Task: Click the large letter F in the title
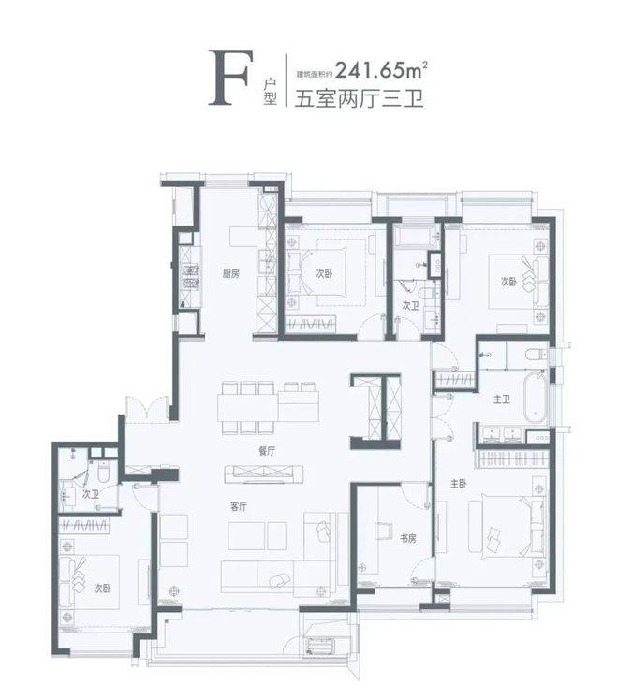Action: (230, 78)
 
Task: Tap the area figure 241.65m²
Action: (381, 70)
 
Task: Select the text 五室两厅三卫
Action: (359, 97)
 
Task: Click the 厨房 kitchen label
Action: (231, 274)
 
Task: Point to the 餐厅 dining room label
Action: (267, 451)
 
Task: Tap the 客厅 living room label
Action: (239, 506)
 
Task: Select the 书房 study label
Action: (407, 538)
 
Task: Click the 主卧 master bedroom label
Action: (459, 484)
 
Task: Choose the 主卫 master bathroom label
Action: (502, 400)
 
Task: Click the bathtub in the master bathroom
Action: (536, 398)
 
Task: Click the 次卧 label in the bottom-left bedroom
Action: (103, 589)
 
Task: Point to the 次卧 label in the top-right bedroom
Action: (508, 282)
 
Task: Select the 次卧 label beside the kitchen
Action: (324, 273)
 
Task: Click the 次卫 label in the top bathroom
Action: (410, 306)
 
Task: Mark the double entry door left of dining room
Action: (147, 409)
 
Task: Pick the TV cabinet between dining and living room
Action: (264, 474)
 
